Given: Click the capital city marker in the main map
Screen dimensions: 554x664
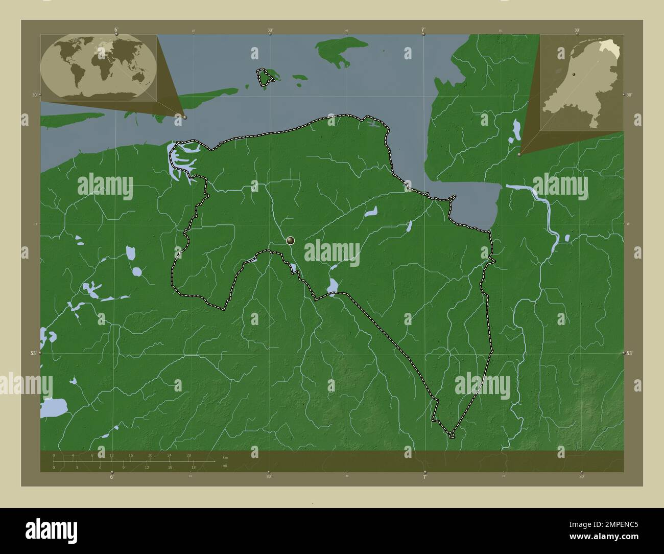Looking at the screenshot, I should click(291, 240).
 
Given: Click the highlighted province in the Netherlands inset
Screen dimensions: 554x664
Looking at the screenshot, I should click(610, 49).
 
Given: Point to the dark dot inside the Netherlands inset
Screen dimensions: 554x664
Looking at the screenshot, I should click(574, 75).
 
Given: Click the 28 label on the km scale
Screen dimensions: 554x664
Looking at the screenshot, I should click(189, 455).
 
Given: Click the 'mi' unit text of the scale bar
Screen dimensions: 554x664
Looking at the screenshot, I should click(225, 466).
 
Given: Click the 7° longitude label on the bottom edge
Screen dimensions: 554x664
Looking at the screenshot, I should click(424, 477).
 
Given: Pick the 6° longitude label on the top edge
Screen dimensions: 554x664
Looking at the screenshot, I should click(116, 30).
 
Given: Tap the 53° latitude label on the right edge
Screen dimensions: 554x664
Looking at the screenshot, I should click(629, 353).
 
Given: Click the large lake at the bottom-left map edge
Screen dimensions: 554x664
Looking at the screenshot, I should click(54, 408).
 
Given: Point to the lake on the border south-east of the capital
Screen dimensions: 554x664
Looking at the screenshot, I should click(333, 285).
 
